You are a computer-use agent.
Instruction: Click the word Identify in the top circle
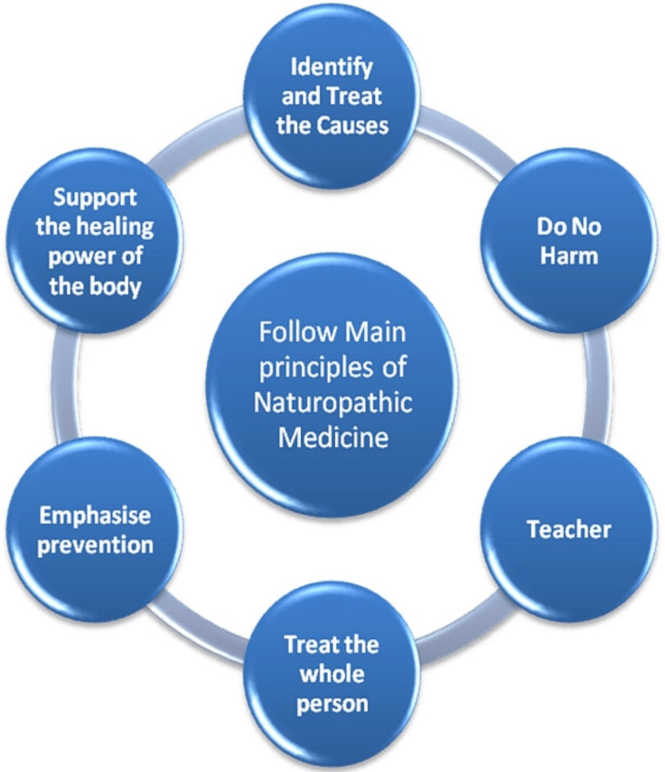pos(332,67)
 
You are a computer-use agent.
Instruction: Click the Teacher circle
pos(567,528)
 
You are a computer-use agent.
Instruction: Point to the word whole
pos(332,674)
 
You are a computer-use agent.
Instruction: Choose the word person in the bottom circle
pos(332,702)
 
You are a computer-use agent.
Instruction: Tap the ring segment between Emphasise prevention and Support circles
pos(69,384)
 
